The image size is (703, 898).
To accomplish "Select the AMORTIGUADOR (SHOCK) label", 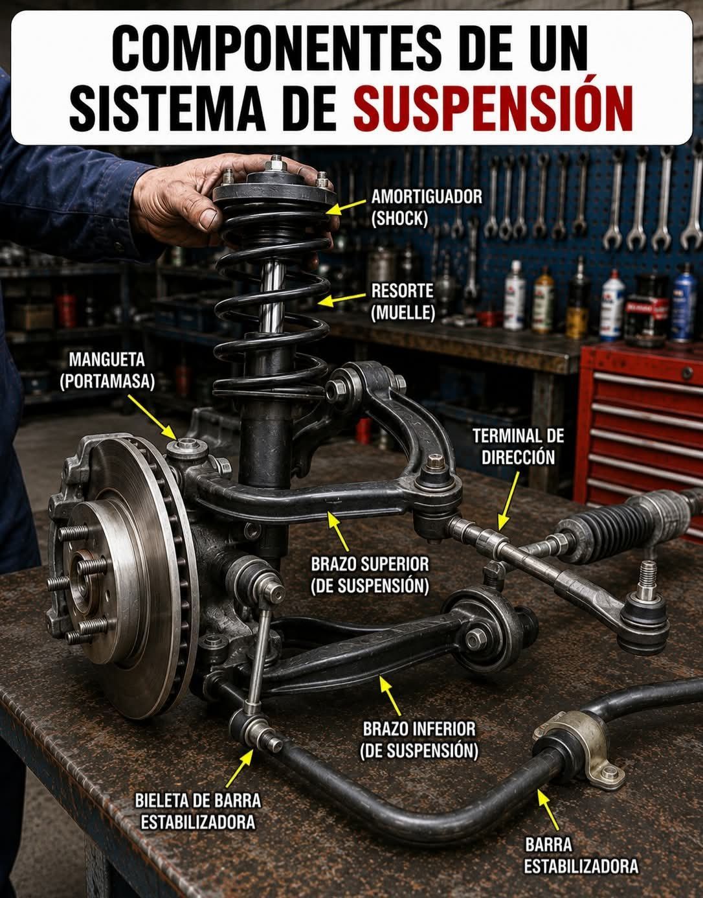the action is coord(427,208).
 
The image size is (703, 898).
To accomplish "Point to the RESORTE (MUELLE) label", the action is coord(403,302).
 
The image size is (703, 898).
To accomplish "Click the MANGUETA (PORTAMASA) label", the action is coord(107,371).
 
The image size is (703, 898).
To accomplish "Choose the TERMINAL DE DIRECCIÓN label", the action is coord(518,446).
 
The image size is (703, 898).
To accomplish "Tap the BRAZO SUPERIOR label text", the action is coord(370,575).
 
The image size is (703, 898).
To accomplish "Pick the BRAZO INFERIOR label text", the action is coord(419,741).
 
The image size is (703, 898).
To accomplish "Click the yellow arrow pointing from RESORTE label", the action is coord(342,299).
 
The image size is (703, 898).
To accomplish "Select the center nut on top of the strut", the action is coord(275,165).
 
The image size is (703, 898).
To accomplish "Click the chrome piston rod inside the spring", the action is coord(273,297).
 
